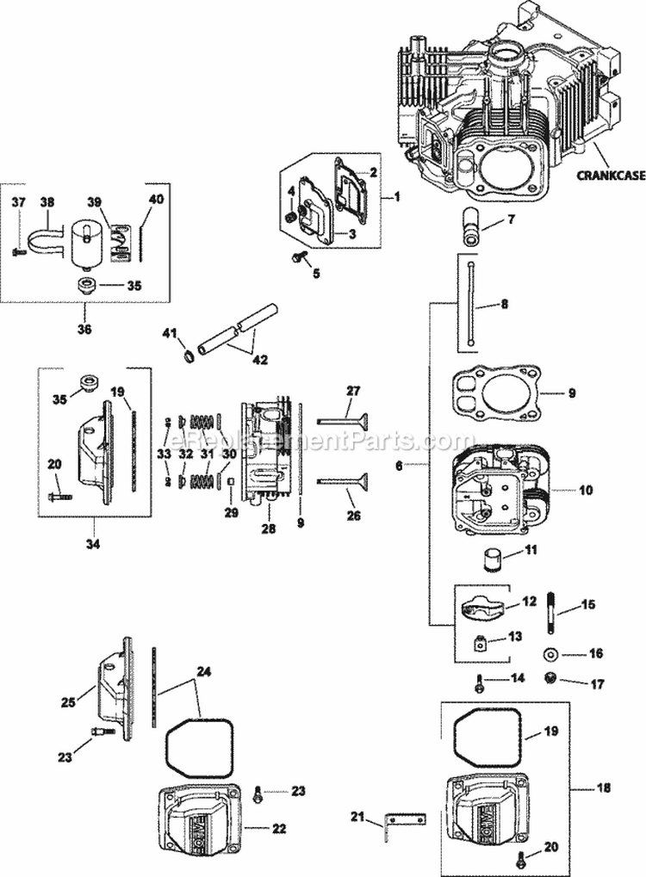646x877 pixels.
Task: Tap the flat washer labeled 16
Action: tap(549, 655)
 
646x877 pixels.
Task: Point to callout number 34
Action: tap(92, 543)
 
